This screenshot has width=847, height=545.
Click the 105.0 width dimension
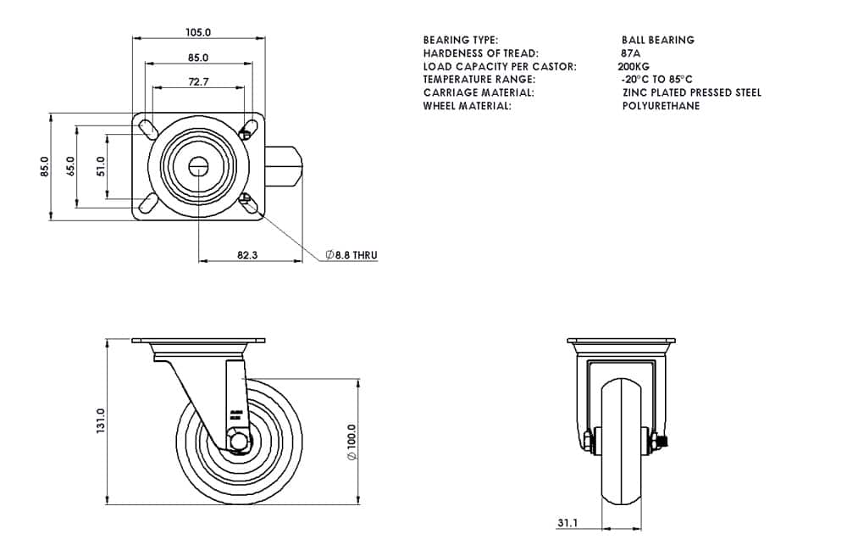198,32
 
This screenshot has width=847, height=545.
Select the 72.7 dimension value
198,82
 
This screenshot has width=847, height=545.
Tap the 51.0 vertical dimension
101,166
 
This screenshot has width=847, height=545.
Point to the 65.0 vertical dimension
71,166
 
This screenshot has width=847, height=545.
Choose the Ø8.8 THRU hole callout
352,254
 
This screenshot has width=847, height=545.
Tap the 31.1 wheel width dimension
570,523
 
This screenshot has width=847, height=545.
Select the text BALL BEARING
657,40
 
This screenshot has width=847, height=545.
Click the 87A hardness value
630,53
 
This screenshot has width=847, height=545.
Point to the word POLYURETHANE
661,106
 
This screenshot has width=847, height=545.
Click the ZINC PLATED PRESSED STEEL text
691,92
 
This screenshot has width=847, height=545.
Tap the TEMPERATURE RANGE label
479,79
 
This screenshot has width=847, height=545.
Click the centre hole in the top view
198,166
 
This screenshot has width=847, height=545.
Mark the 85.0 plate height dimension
45,166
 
